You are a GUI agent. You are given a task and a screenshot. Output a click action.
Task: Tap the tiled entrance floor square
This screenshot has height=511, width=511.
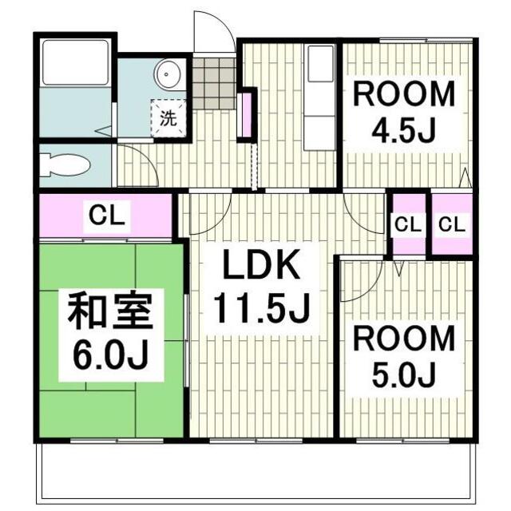[215, 83]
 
